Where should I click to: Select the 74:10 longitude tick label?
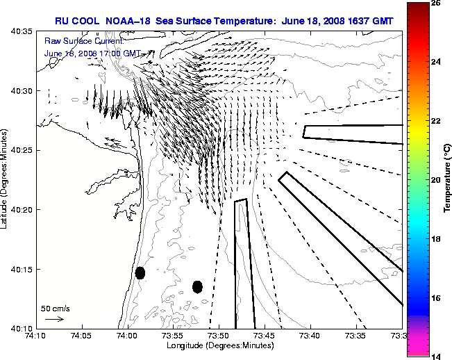35,336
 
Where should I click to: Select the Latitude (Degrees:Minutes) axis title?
6,179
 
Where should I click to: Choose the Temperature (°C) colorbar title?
448,179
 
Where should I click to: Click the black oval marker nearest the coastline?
140,272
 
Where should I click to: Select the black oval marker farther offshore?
197,286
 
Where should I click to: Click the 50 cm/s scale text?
54,307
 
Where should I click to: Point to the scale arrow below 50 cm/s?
54,319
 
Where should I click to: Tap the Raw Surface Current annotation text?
78,42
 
